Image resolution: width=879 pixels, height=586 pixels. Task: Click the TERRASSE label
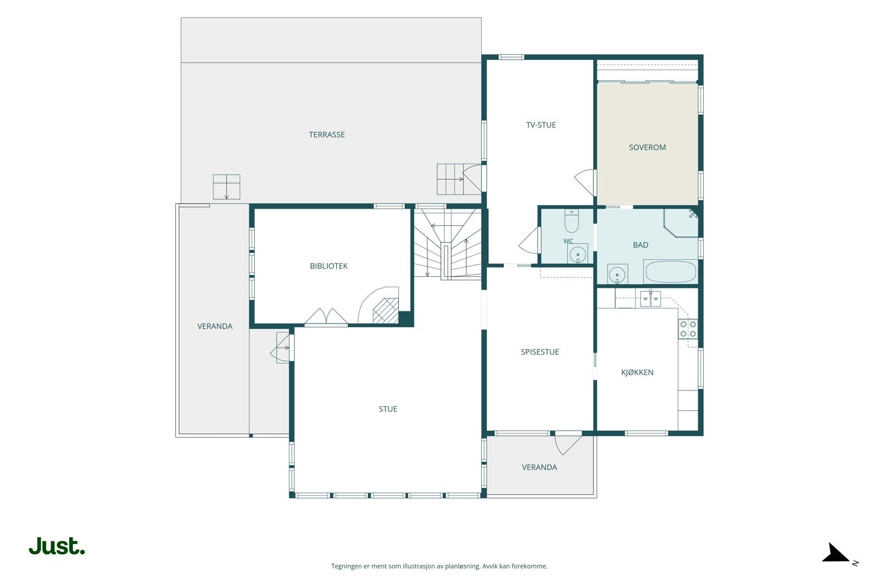[x=326, y=135]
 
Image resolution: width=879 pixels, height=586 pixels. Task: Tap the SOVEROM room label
[x=647, y=148]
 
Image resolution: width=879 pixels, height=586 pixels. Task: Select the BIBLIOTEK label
[x=329, y=266]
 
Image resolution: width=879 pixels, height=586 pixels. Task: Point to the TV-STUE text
[x=541, y=125]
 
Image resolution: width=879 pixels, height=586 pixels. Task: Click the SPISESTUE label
[x=539, y=352]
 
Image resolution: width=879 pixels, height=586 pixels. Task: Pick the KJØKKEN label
[x=637, y=372]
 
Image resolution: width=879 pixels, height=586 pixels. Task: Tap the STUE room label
[x=388, y=409]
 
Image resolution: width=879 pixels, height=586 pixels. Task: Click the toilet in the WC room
[x=571, y=221]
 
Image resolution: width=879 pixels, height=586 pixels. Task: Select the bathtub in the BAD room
[x=671, y=271]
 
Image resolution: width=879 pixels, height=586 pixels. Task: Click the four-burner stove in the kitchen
[x=688, y=328]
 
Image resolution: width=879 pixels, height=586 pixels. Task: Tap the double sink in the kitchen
[x=650, y=299]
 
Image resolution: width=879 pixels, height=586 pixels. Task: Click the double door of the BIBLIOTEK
[x=326, y=317]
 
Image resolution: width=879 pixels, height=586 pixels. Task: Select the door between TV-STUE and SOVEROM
[x=585, y=182]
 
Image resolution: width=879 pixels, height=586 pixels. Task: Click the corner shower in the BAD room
[x=681, y=223]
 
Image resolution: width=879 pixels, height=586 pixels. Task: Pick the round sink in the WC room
[x=577, y=254]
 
